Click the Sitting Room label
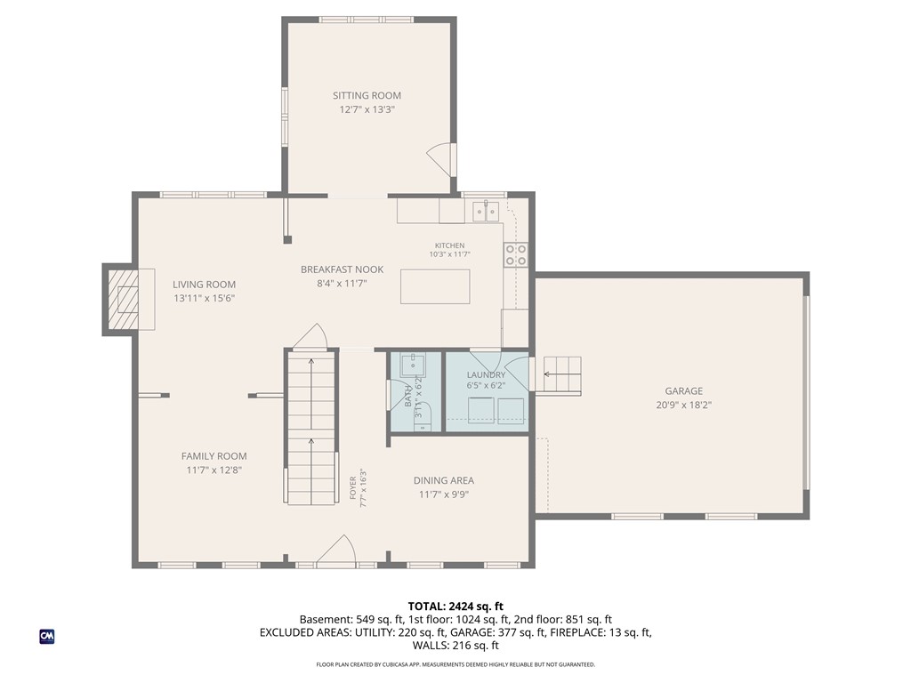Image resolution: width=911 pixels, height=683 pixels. click(367, 95)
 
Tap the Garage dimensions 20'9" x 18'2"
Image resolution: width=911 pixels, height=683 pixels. click(684, 406)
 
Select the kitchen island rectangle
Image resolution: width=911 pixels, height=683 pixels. click(435, 286)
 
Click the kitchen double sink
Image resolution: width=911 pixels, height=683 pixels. click(487, 211)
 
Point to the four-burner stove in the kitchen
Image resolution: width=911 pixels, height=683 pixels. click(516, 254)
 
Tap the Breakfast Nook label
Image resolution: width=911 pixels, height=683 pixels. click(343, 269)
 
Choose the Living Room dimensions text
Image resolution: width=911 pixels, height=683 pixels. click(204, 299)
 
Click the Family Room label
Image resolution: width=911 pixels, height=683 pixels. click(214, 456)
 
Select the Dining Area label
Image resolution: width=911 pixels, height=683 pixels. click(444, 480)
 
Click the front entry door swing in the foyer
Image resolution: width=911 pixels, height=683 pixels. click(336, 549)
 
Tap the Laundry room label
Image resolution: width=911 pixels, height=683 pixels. click(487, 375)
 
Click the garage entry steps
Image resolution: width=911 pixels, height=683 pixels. click(562, 374)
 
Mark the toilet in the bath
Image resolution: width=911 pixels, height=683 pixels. click(423, 419)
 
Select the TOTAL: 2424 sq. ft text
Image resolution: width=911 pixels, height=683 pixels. click(455, 607)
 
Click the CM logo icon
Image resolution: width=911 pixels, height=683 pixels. click(47, 637)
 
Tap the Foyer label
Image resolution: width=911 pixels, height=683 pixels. click(352, 488)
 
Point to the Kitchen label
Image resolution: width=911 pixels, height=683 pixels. click(449, 245)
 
